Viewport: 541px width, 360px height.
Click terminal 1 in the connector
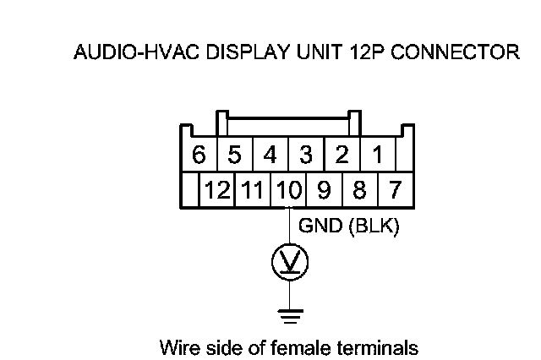378,155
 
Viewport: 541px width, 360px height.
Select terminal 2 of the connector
342,155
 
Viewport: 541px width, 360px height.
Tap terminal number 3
306,155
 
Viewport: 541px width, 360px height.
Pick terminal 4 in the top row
270,155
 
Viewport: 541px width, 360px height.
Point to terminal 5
235,155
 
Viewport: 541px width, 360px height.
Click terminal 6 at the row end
199,155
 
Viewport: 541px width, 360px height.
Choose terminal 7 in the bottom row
395,188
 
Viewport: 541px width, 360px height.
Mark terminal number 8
359,188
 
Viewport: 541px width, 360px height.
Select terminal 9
324,188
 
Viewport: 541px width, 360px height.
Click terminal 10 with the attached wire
288,188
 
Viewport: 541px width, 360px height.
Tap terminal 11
253,188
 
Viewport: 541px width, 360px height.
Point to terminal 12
217,188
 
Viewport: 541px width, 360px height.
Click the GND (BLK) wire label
349,227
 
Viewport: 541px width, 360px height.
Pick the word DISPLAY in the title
238,54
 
